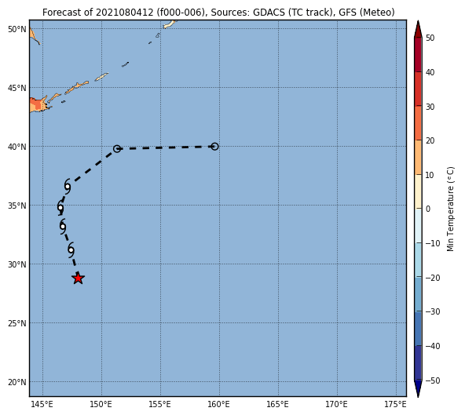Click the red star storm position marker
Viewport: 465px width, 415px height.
pyautogui.click(x=78, y=278)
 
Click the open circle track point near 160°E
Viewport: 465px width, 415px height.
pyautogui.click(x=214, y=147)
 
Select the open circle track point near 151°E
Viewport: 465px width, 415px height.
pyautogui.click(x=117, y=148)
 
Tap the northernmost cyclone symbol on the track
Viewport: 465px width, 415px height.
pyautogui.click(x=68, y=187)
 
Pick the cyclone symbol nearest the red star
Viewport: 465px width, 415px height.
pyautogui.click(x=71, y=250)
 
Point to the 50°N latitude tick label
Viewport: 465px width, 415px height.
pyautogui.click(x=17, y=29)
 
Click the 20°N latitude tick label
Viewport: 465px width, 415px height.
pyautogui.click(x=17, y=382)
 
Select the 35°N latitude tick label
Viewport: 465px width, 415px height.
pyautogui.click(x=17, y=206)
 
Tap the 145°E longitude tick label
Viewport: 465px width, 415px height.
pyautogui.click(x=42, y=404)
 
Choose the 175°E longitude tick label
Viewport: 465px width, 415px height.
pyautogui.click(x=396, y=404)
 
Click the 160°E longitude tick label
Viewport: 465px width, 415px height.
pyautogui.click(x=218, y=404)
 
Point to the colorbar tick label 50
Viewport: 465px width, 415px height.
pyautogui.click(x=430, y=38)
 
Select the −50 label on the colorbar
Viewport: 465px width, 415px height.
pyautogui.click(x=433, y=380)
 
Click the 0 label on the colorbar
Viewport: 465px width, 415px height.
pyautogui.click(x=428, y=209)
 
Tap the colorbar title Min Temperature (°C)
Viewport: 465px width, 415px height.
pyautogui.click(x=451, y=209)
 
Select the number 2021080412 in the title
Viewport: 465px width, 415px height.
pyautogui.click(x=125, y=13)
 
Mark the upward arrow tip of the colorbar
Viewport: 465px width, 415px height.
pyautogui.click(x=418, y=20)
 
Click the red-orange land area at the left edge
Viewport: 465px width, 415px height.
pyautogui.click(x=36, y=105)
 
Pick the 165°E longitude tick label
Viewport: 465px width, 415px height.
pyautogui.click(x=277, y=404)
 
